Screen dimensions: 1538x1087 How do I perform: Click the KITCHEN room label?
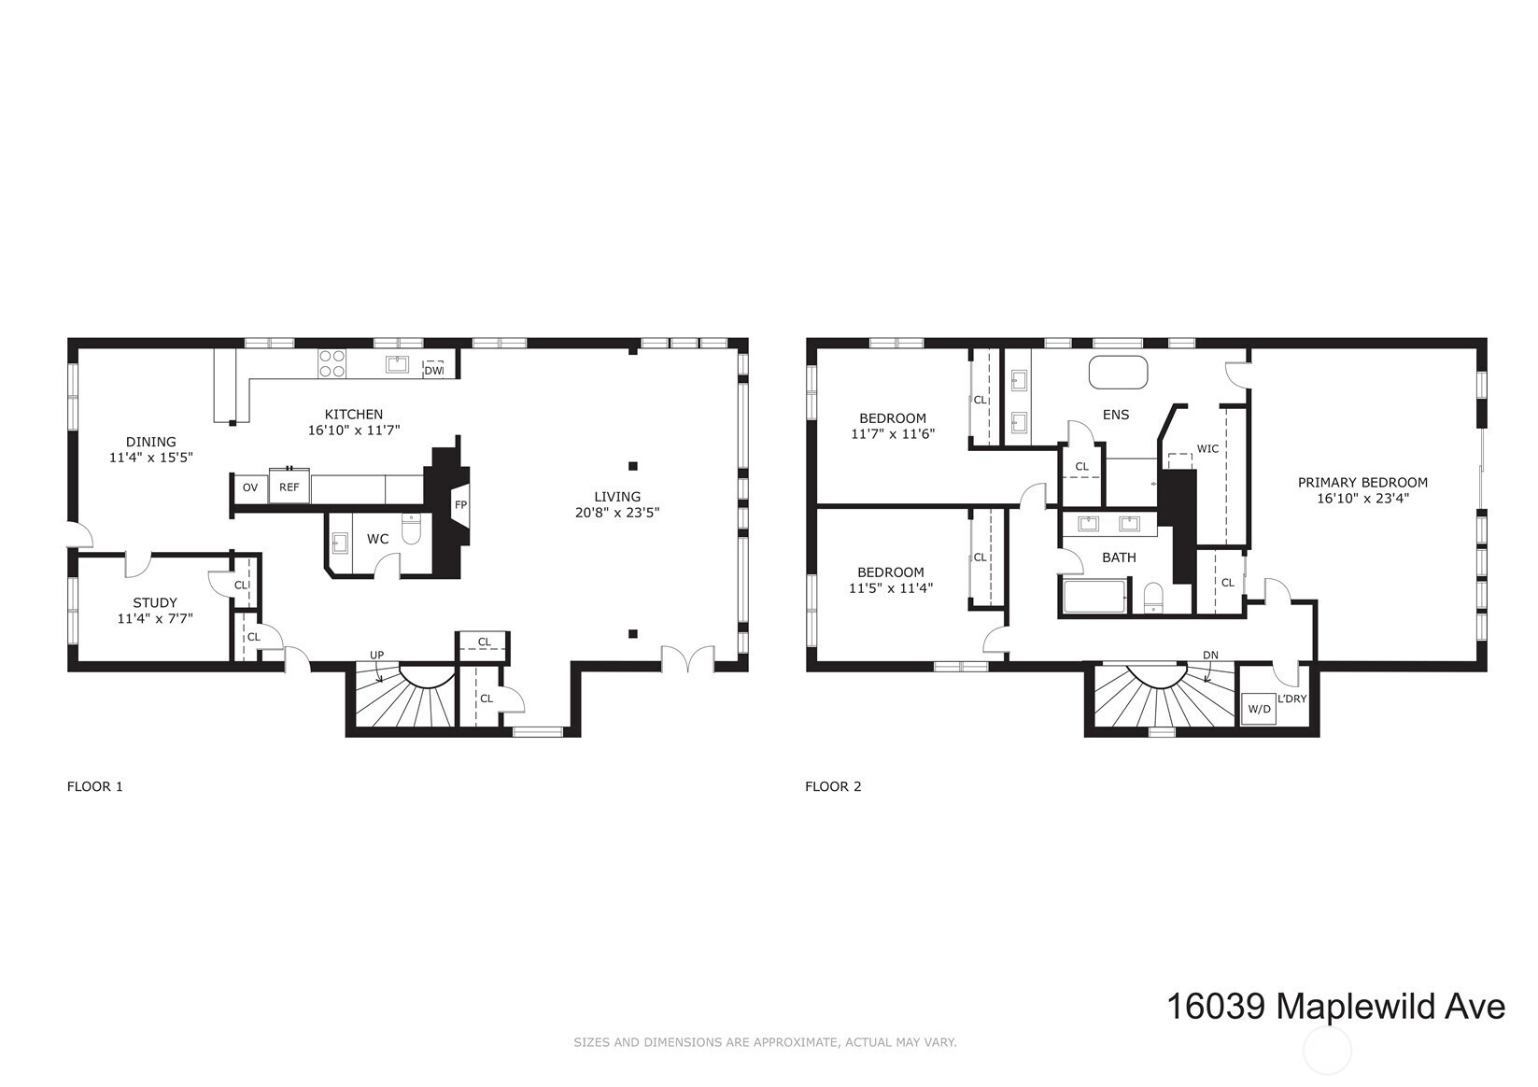pos(354,414)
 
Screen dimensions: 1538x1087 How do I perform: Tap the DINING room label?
pos(151,442)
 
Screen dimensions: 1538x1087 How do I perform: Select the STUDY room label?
pos(155,603)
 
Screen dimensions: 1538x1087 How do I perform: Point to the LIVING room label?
pos(617,497)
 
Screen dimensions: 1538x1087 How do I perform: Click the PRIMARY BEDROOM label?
pos(1362,483)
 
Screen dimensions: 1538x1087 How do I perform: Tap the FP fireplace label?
pos(460,504)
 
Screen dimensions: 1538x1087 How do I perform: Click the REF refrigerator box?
pos(289,487)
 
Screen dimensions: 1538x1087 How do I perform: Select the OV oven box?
pos(250,487)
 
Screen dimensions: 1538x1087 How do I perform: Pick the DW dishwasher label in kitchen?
pos(433,371)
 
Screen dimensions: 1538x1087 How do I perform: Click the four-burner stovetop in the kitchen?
pos(332,363)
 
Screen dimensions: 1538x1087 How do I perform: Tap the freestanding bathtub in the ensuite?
pos(1118,372)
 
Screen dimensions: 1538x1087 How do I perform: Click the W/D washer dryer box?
pos(1259,710)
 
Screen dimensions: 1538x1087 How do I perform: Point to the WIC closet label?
pos(1207,449)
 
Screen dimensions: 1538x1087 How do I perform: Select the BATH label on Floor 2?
pos(1119,558)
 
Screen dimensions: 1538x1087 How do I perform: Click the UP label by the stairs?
pos(377,655)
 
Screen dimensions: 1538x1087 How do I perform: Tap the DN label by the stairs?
pos(1210,655)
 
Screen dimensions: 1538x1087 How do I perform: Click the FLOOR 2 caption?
pos(833,786)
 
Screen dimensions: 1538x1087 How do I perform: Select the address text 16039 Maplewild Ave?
pos(1336,1007)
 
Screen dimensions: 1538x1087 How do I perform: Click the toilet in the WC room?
pos(411,529)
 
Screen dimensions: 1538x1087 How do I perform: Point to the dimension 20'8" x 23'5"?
pos(617,513)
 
